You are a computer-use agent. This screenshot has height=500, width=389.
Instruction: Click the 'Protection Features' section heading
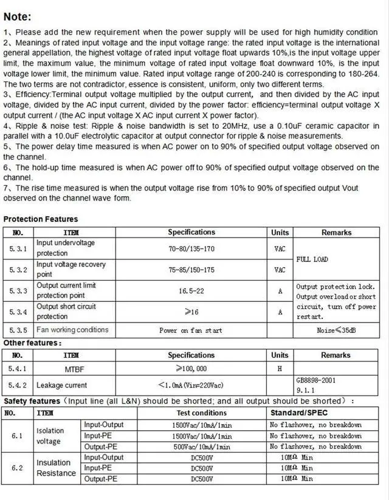click(41, 219)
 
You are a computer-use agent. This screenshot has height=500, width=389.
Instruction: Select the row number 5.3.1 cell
click(18, 248)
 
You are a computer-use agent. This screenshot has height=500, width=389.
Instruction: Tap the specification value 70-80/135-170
click(191, 248)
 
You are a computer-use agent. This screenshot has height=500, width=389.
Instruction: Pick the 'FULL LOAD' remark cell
click(312, 259)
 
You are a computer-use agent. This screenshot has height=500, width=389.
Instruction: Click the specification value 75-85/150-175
click(191, 270)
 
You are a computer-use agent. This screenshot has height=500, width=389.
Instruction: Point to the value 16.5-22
click(191, 291)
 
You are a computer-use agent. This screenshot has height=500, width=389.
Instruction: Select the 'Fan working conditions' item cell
click(72, 330)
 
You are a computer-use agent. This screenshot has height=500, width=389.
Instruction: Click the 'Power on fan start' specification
click(191, 330)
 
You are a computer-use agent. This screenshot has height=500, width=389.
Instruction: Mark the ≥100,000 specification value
click(191, 368)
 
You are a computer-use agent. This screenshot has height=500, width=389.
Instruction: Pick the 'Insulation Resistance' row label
click(57, 468)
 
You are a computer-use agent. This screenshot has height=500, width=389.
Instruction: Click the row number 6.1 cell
click(17, 436)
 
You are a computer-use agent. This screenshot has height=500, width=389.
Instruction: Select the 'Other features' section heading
click(32, 343)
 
